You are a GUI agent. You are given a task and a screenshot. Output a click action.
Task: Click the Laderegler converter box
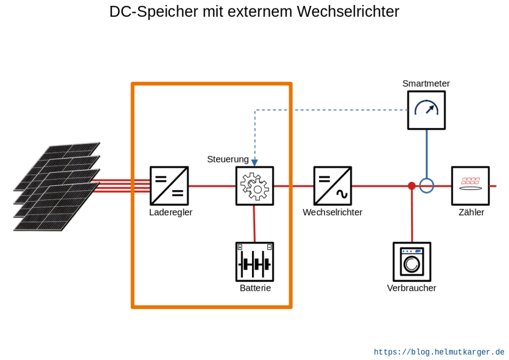coord(169,186)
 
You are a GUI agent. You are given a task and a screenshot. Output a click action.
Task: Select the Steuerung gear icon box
coord(255,186)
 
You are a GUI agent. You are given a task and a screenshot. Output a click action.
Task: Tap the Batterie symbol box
coord(255,262)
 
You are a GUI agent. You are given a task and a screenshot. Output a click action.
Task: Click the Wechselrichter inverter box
coord(333,186)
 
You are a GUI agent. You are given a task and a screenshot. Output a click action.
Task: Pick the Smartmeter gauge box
coord(426,110)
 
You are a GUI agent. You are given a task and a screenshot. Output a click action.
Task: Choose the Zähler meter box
coord(470,186)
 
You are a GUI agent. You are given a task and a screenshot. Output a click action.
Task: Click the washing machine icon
coord(412,262)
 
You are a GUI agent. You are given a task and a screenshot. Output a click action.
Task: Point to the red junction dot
coord(412,186)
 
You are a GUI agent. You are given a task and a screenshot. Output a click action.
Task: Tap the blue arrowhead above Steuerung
coord(255,163)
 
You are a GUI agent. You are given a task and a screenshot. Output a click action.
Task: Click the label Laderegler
coord(171,212)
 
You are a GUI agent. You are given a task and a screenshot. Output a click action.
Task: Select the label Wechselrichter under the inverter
coord(333,212)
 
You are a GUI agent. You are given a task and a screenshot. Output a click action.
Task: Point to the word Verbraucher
coord(412,288)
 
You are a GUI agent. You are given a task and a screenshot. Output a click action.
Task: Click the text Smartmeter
coord(426,84)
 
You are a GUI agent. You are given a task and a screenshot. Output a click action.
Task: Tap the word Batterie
coord(255,288)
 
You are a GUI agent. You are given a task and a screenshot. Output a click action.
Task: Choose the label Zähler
coord(471,212)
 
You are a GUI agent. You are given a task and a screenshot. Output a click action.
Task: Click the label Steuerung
coord(228,160)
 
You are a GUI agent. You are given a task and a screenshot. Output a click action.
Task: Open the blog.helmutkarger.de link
coord(439,352)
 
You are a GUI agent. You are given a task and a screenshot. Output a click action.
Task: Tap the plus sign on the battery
coord(240,247)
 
